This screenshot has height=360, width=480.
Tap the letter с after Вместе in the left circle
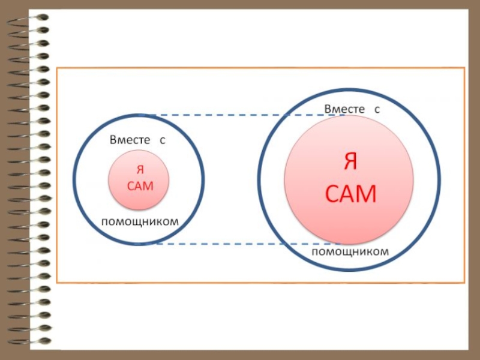[x=162, y=140]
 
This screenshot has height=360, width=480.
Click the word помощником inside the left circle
[x=140, y=222]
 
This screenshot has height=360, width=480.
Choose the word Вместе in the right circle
[x=344, y=109]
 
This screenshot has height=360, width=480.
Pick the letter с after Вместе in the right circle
[x=377, y=109]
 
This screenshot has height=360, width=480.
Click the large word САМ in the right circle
[x=350, y=194]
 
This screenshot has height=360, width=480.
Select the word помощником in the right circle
[x=350, y=252]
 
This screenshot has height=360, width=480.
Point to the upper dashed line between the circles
[x=240, y=115]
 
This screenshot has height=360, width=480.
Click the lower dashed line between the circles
[x=240, y=244]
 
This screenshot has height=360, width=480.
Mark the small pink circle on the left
[x=139, y=198]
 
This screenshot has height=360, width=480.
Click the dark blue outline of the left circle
[x=74, y=179]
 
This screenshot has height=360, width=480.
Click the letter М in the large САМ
[x=365, y=194]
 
